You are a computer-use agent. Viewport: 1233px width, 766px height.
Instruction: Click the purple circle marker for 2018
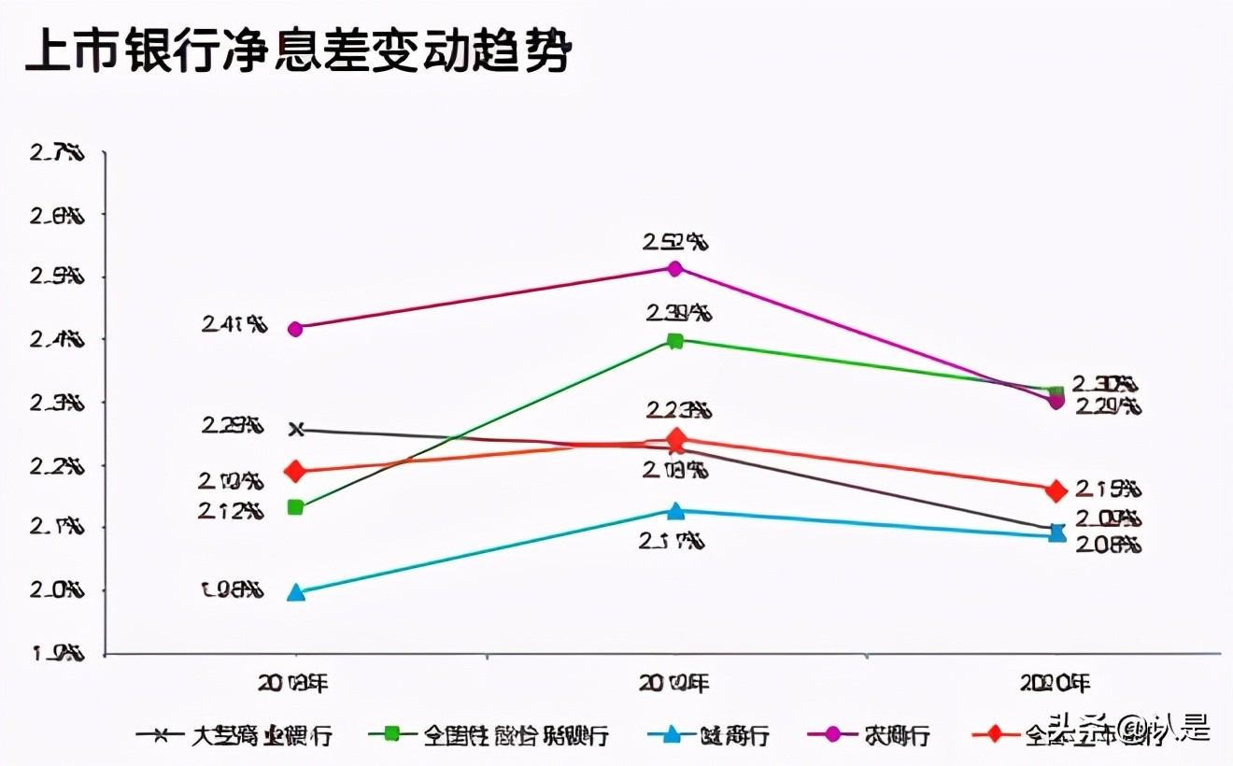(295, 329)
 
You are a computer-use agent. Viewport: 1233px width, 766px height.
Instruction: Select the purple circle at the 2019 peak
(674, 268)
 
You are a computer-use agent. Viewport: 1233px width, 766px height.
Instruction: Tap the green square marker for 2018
(295, 507)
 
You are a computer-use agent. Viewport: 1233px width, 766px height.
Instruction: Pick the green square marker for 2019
(674, 341)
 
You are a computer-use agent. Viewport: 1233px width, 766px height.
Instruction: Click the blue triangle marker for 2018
(295, 592)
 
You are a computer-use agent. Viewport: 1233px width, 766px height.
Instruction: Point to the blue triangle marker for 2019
(674, 511)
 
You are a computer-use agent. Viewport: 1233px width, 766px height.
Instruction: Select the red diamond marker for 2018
(295, 471)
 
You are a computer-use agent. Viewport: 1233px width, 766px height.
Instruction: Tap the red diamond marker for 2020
(1056, 490)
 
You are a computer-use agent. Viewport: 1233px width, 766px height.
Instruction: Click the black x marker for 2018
(296, 429)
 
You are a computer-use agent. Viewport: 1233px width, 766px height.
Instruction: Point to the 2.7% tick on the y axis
(58, 152)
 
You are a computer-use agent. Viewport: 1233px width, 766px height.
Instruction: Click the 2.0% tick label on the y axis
(58, 590)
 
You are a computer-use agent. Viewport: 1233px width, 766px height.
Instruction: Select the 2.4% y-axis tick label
(58, 340)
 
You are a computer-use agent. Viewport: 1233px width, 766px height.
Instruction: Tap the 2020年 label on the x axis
(1056, 684)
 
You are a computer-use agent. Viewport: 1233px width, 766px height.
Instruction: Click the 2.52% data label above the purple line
(674, 242)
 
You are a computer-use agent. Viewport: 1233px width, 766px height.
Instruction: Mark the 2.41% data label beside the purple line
(234, 325)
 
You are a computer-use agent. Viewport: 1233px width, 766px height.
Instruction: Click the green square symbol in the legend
(391, 734)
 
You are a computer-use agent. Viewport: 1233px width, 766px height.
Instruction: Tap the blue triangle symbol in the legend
(671, 734)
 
